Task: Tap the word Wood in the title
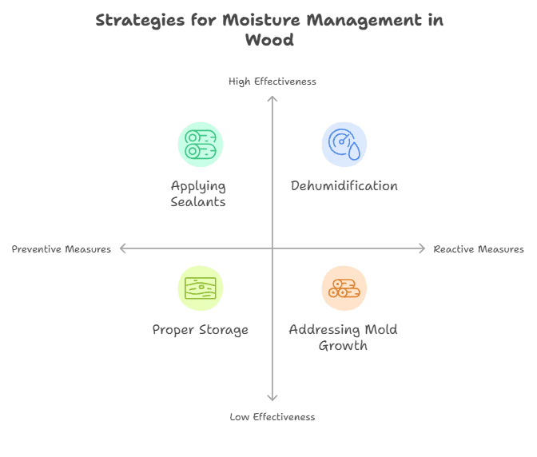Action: pos(269,39)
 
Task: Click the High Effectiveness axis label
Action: pos(272,81)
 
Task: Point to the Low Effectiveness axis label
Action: pos(272,416)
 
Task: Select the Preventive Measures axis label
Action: pos(62,249)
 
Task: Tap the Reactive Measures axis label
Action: pos(479,249)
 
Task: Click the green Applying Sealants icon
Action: pos(200,145)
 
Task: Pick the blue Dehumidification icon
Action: pos(344,145)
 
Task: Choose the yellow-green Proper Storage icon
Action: pos(200,288)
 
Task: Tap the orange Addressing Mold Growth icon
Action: pos(344,288)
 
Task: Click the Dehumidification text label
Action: pos(344,186)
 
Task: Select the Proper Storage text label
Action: pos(200,330)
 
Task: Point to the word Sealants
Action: pos(198,202)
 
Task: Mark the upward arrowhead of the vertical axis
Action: pos(272,98)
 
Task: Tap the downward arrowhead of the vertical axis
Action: pos(272,398)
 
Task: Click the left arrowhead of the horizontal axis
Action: pos(122,249)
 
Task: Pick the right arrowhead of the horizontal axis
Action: pos(423,249)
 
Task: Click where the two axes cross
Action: pos(272,249)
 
